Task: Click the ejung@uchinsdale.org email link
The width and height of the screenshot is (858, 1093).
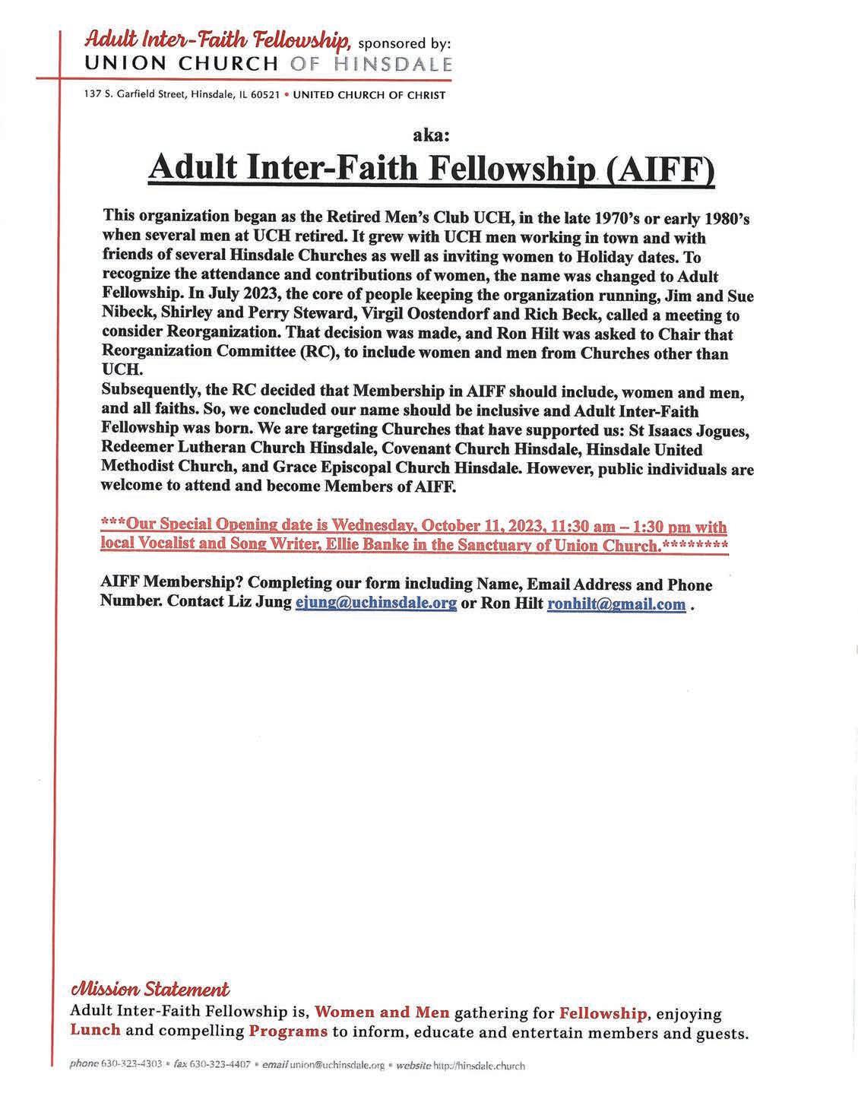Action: pos(375,604)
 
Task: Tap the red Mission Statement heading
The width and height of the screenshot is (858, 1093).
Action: pos(149,990)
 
